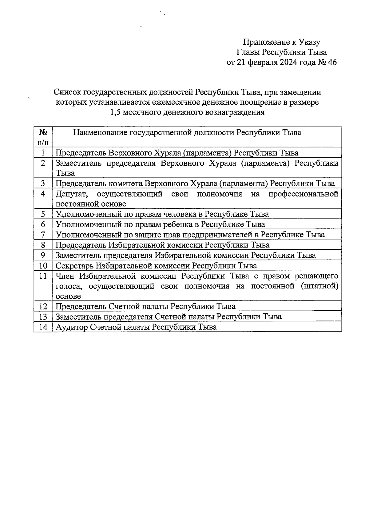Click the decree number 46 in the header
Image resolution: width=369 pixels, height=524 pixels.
point(332,62)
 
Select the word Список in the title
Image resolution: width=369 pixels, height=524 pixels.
point(67,92)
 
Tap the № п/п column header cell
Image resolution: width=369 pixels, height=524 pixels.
point(43,137)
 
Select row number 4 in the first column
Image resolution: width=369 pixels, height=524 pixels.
point(43,194)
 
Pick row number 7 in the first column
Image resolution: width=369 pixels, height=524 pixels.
point(43,235)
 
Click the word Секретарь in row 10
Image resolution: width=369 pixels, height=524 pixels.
point(74,265)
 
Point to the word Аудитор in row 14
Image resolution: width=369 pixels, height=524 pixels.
point(71,327)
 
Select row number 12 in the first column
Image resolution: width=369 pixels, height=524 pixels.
point(43,307)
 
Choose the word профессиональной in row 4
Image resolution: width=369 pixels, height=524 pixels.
point(303,194)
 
